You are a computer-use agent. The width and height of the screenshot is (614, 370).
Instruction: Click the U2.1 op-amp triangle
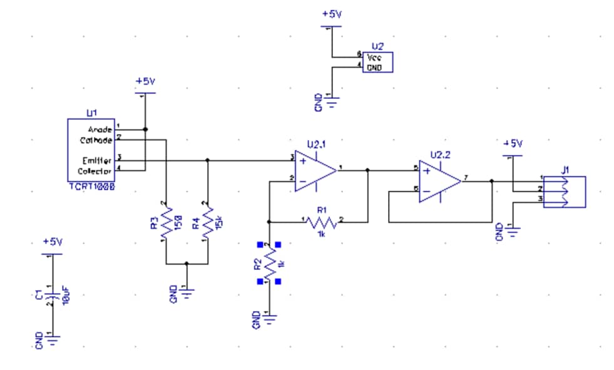(x=317, y=169)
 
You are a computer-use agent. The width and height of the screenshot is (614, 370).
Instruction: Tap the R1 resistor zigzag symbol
(x=322, y=222)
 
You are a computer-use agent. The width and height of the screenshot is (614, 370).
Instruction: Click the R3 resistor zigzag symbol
(x=166, y=222)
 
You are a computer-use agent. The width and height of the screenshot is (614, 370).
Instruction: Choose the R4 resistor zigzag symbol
(x=207, y=222)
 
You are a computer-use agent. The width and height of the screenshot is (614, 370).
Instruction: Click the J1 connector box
(x=565, y=192)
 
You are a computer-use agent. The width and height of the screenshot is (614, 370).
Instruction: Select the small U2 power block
(x=378, y=62)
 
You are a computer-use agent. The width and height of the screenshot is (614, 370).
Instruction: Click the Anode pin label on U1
(x=100, y=129)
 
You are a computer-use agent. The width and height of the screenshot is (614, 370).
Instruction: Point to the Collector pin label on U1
(x=95, y=171)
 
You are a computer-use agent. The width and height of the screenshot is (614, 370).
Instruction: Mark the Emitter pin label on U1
(x=96, y=160)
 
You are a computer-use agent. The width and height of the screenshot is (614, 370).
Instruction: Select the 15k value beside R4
(x=219, y=222)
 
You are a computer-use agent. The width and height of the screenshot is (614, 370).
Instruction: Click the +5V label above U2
(x=332, y=14)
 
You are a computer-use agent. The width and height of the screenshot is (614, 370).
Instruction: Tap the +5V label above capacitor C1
(x=53, y=241)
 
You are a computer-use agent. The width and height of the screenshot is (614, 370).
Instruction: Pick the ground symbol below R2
(x=270, y=319)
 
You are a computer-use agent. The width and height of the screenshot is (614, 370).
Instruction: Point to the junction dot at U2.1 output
(x=367, y=169)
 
